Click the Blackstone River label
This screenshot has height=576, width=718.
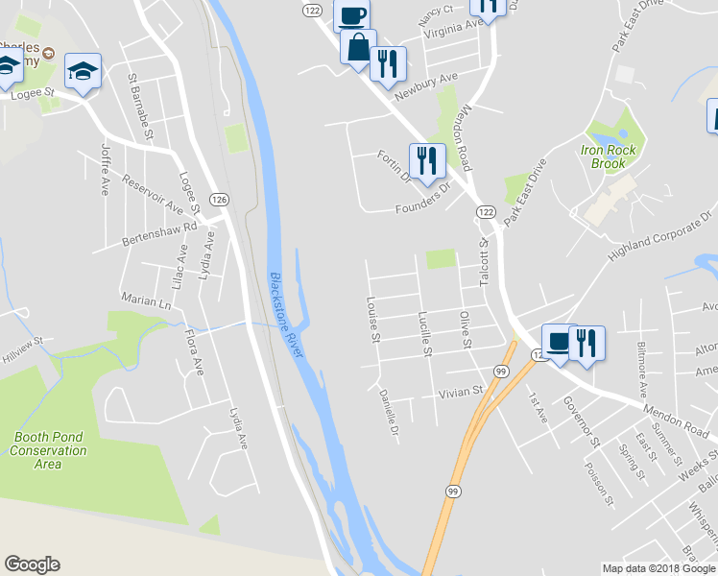[x=286, y=315]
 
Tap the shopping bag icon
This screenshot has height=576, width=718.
[x=357, y=47]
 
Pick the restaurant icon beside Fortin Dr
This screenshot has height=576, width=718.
[x=426, y=159]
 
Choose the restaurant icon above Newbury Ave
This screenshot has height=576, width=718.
[x=387, y=63]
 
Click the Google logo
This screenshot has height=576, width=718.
[x=32, y=564]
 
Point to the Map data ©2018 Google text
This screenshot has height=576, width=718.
[x=658, y=568]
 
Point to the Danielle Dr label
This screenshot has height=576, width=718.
[x=388, y=411]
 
